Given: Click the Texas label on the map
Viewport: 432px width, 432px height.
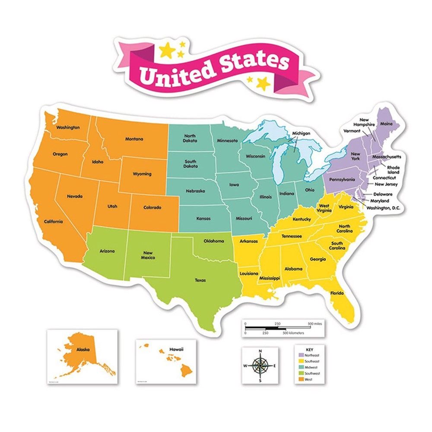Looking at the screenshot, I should coord(200,280).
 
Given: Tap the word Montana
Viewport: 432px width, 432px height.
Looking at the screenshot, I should coord(134,139).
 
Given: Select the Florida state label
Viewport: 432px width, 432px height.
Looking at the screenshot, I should coord(337,293).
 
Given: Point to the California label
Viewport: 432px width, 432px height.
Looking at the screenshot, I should coord(54,222).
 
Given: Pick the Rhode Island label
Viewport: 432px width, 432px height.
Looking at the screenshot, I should coord(393,169).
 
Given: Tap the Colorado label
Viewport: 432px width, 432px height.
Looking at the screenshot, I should coord(152,207).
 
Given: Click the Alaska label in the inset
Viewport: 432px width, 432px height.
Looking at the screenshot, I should coord(83,348).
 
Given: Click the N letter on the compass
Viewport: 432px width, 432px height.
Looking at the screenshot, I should coord(260,351).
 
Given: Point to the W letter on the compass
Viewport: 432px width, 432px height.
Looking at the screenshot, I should coord(245,366).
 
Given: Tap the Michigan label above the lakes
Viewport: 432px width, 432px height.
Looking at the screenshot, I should coord(301,133).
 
